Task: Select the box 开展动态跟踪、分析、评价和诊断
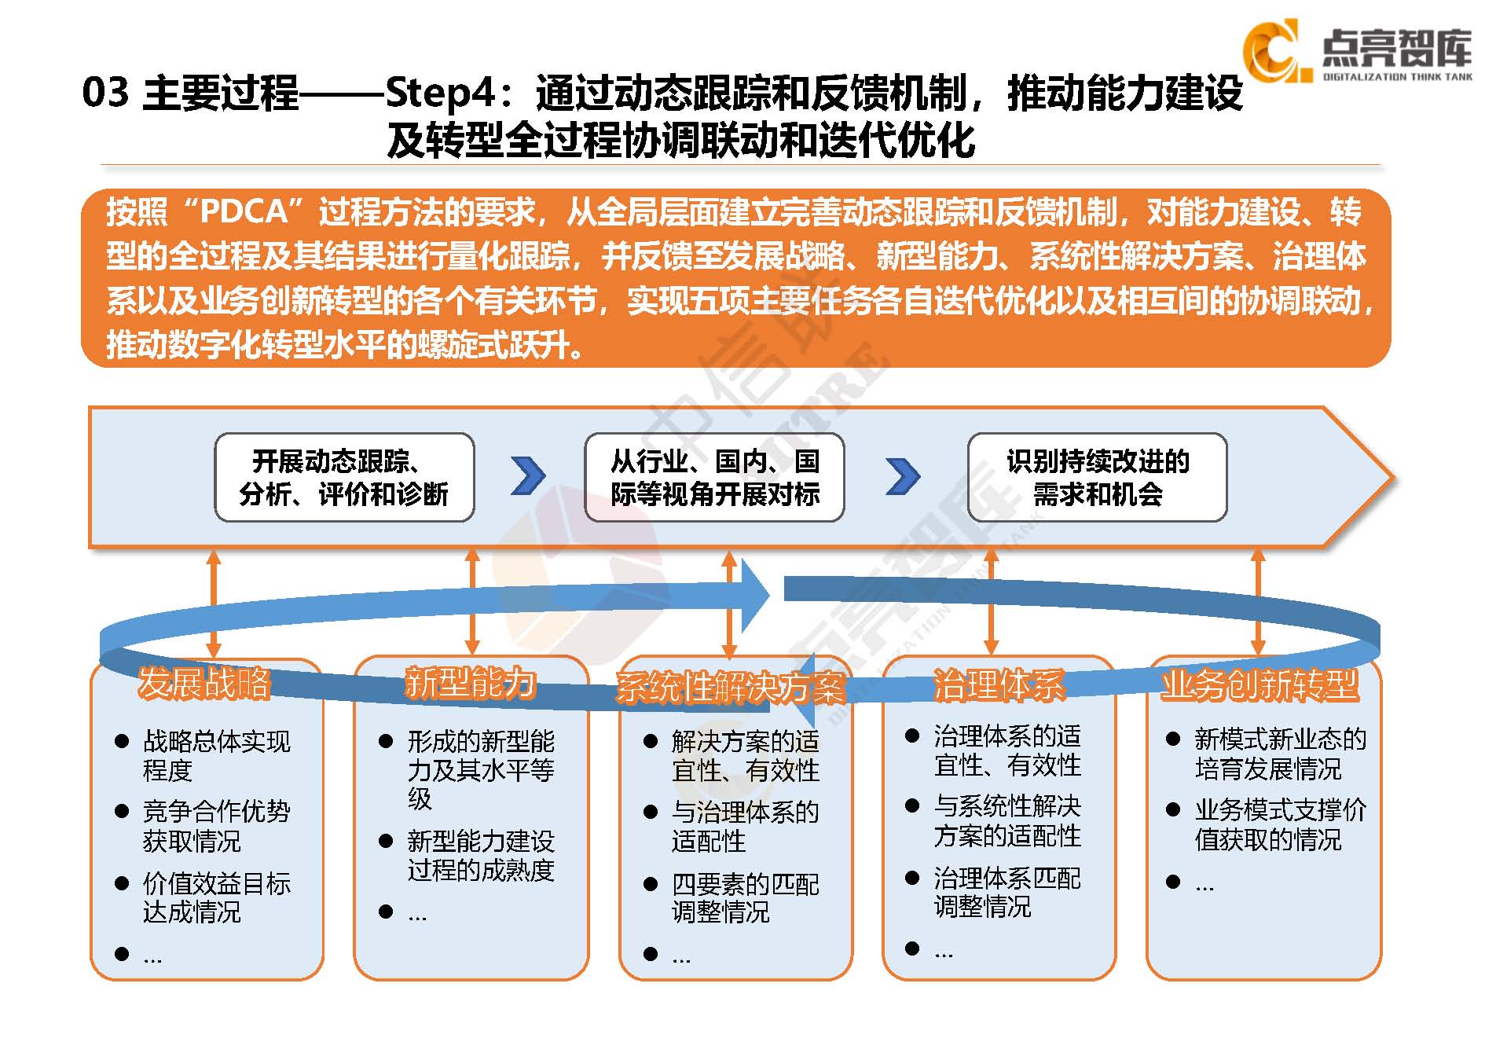click(344, 477)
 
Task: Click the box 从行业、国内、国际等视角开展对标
click(714, 477)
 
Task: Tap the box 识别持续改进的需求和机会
click(1097, 477)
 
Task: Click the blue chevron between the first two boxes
click(528, 475)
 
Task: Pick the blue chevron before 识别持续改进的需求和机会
click(903, 476)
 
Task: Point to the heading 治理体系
click(998, 684)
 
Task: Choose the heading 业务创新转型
click(1259, 684)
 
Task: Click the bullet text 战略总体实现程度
click(216, 755)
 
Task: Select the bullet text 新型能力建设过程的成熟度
click(480, 856)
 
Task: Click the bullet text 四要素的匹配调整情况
click(744, 898)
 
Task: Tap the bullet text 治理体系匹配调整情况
click(1006, 892)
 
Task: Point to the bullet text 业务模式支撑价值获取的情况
click(1280, 824)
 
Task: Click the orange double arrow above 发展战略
click(214, 603)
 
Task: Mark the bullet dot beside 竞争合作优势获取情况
click(122, 811)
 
